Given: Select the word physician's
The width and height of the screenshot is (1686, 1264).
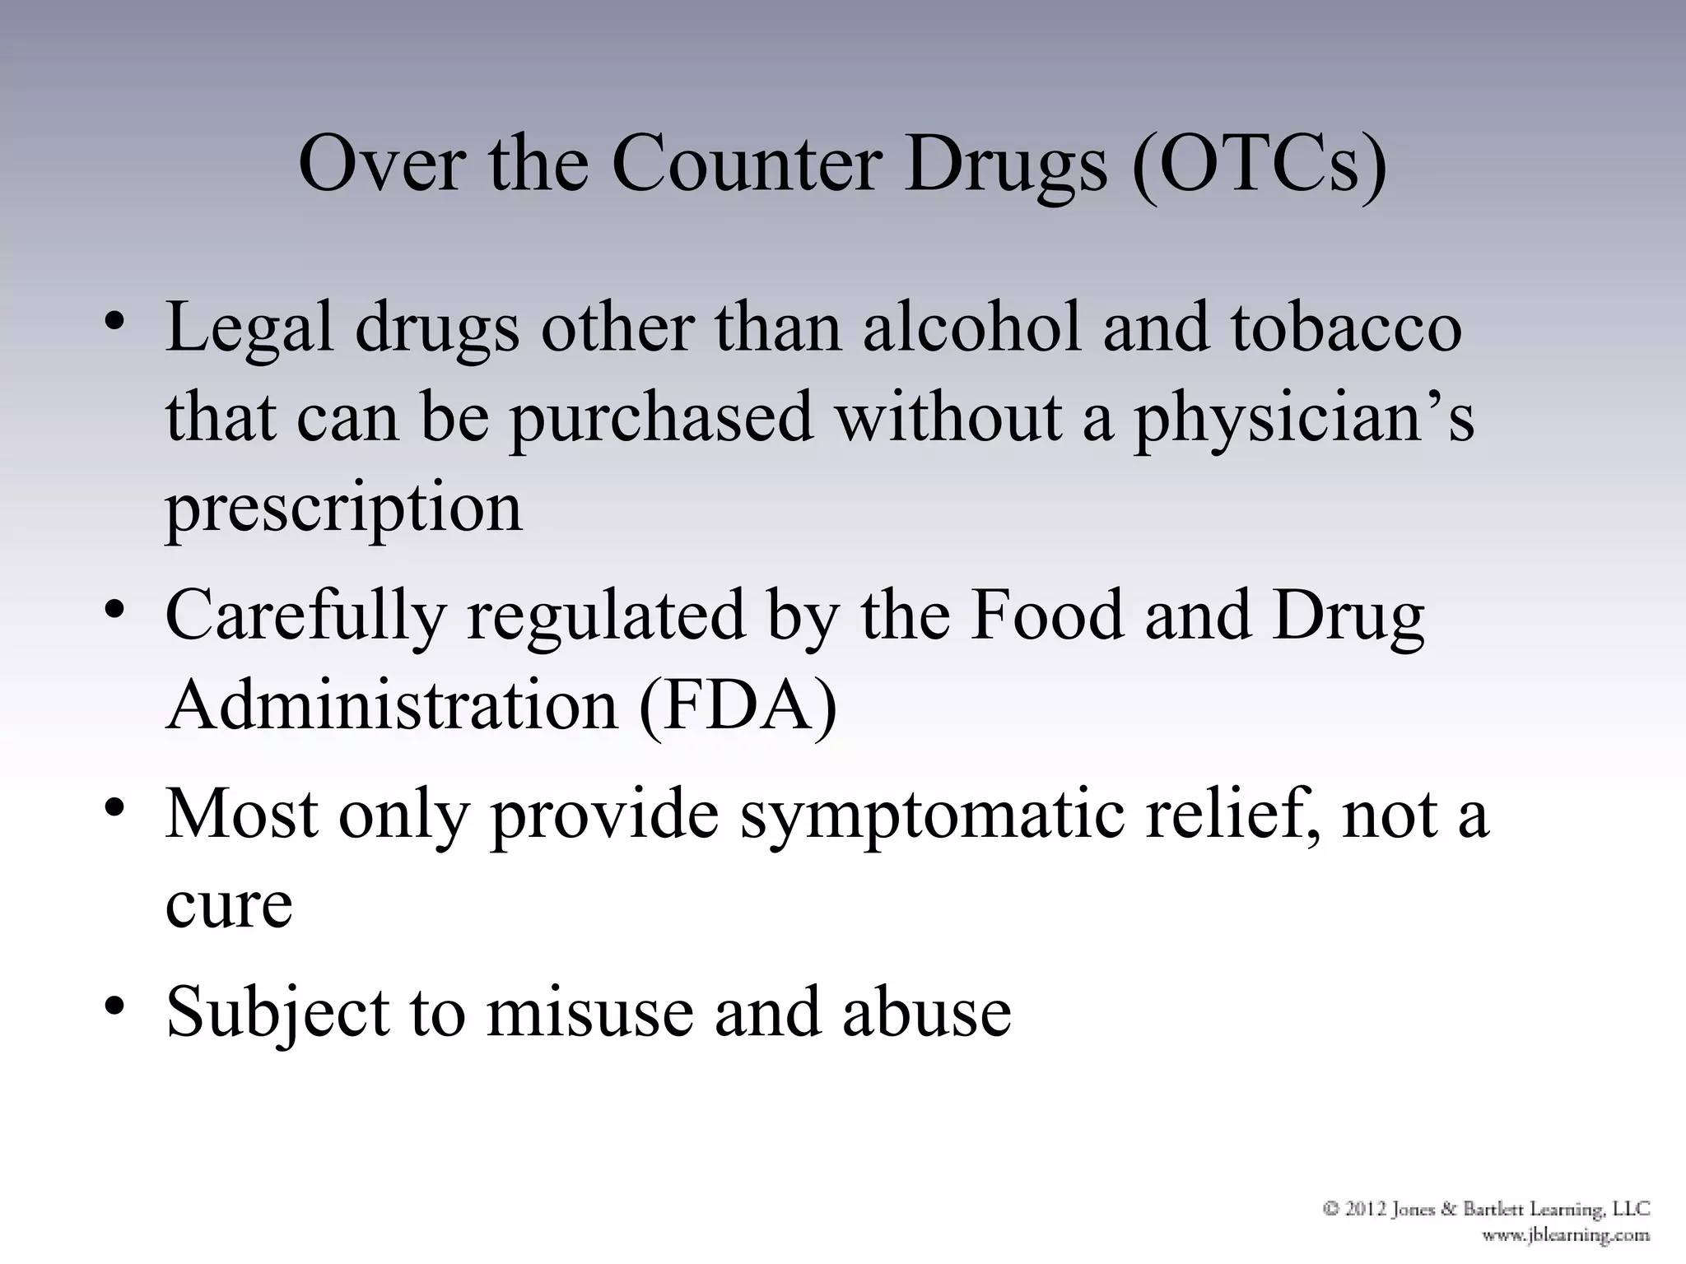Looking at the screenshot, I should (1304, 418).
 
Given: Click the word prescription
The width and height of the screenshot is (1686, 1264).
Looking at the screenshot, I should (344, 509).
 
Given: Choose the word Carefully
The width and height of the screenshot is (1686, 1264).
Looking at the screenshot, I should (305, 616).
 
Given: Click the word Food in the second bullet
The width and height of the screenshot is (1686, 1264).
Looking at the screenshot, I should (1046, 616).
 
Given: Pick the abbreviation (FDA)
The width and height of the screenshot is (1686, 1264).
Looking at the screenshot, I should (738, 706).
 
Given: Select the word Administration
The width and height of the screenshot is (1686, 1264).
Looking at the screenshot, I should (392, 706).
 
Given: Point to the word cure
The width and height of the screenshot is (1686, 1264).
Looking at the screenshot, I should (229, 904).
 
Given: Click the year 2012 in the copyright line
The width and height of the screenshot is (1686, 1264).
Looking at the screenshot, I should (1367, 1210).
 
